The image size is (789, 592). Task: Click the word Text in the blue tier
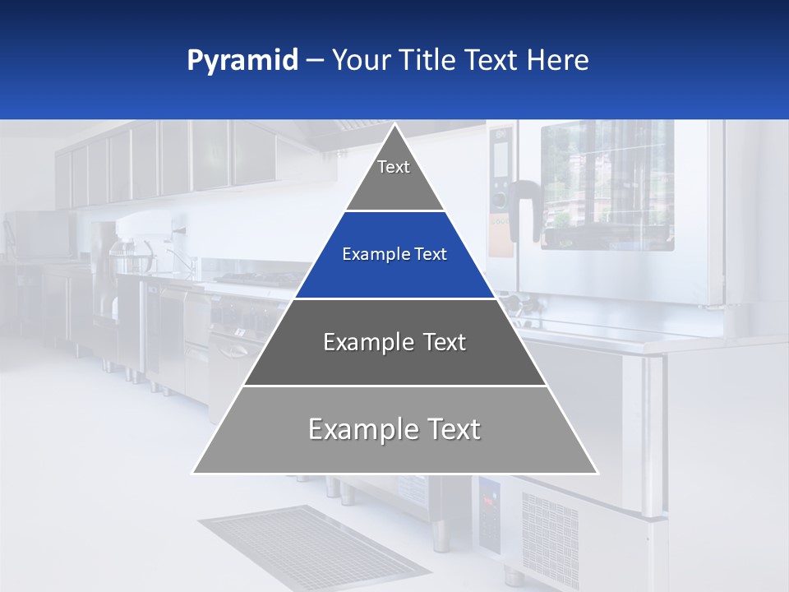[x=431, y=255]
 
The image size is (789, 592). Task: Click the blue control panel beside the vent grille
[x=489, y=514]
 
